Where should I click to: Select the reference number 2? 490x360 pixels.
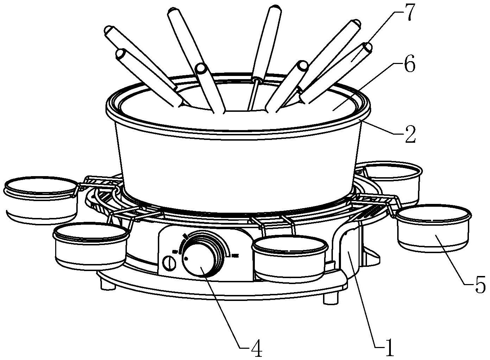coord(409,134)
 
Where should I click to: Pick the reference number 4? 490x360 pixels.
coord(257,348)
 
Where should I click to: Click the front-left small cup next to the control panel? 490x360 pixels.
coord(90,246)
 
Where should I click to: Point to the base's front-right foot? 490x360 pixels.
coord(330,298)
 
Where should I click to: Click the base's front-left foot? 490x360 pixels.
coord(108,284)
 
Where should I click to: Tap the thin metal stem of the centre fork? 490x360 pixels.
coord(253,95)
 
